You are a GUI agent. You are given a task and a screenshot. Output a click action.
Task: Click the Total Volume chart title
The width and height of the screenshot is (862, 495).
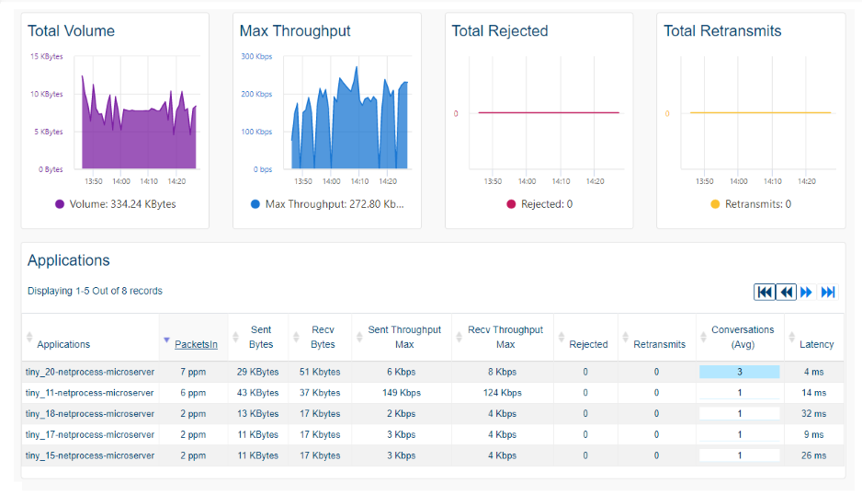pyautogui.click(x=71, y=31)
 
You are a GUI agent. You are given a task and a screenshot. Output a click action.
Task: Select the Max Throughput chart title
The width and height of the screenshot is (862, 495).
pyautogui.click(x=295, y=31)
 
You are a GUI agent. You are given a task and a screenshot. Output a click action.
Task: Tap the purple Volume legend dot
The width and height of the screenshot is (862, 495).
pyautogui.click(x=60, y=204)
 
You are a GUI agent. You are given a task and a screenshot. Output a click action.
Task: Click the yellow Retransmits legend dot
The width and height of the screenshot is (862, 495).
pyautogui.click(x=715, y=204)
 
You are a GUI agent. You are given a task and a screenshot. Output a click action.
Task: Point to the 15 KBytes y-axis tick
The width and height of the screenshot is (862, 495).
pyautogui.click(x=46, y=56)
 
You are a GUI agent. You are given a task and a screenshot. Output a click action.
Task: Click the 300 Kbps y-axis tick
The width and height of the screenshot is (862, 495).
pyautogui.click(x=256, y=56)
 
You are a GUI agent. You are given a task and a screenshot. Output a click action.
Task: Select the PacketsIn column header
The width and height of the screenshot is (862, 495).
pyautogui.click(x=196, y=344)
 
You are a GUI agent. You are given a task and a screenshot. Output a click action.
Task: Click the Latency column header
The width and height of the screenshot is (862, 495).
pyautogui.click(x=816, y=344)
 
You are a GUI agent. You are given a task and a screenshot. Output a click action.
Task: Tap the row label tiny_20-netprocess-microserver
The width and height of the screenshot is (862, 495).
pyautogui.click(x=90, y=372)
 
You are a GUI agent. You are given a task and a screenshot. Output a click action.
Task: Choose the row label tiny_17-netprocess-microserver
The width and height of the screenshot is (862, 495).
pyautogui.click(x=90, y=434)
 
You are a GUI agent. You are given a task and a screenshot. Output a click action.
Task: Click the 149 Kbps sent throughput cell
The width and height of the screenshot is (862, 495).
pyautogui.click(x=404, y=393)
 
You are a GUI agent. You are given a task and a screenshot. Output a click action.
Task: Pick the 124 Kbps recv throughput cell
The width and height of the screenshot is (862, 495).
pyautogui.click(x=505, y=393)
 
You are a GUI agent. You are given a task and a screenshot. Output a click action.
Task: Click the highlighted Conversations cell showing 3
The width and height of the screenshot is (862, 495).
pyautogui.click(x=739, y=372)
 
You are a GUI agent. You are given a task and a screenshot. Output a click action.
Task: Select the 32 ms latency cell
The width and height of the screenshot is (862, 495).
pyautogui.click(x=813, y=414)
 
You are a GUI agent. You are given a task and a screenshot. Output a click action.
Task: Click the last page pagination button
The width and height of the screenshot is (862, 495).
pyautogui.click(x=828, y=292)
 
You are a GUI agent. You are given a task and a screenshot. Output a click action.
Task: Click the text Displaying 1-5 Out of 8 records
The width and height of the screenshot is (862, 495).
pyautogui.click(x=95, y=291)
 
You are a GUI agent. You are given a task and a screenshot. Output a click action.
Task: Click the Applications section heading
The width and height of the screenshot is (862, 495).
pyautogui.click(x=69, y=260)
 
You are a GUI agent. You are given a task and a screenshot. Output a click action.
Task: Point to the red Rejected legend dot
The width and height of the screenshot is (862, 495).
pyautogui.click(x=511, y=204)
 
